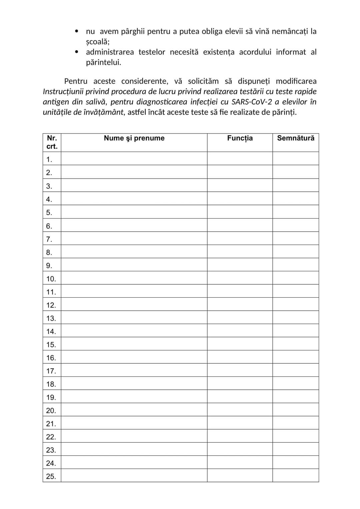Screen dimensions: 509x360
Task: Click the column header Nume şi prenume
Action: pos(134,138)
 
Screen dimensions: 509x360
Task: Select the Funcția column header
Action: pos(240,138)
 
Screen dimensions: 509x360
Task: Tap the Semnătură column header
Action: pos(296,138)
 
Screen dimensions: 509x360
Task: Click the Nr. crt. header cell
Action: pos(52,142)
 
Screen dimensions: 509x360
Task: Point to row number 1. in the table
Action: pos(49,160)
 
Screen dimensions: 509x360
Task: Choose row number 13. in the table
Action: pos(51,318)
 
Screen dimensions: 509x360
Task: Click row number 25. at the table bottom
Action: pos(51,477)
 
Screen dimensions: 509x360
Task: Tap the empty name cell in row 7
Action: pos(134,239)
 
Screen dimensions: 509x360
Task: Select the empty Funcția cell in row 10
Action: pos(240,278)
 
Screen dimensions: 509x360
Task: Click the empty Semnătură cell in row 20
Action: pos(296,410)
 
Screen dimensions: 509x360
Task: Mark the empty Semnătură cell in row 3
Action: pos(296,186)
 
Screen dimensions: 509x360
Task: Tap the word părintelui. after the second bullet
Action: pos(103,63)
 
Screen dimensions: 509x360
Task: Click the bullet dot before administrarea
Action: pos(77,52)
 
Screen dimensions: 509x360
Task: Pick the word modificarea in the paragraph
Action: pos(296,81)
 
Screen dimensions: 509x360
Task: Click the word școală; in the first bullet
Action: pos(98,42)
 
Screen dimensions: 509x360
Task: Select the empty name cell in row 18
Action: pos(134,384)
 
